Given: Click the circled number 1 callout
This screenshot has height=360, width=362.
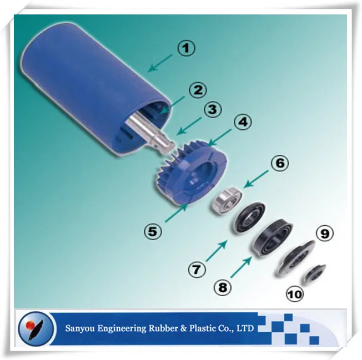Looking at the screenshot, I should pyautogui.click(x=187, y=48).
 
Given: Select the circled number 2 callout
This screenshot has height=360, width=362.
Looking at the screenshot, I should pyautogui.click(x=197, y=89).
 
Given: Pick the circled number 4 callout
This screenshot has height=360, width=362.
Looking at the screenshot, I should pyautogui.click(x=242, y=122).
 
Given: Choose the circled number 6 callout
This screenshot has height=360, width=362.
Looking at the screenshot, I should pyautogui.click(x=280, y=163).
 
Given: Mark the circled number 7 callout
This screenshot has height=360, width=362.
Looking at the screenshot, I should pyautogui.click(x=196, y=270).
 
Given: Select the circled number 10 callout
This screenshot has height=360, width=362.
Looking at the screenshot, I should pyautogui.click(x=295, y=293).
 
